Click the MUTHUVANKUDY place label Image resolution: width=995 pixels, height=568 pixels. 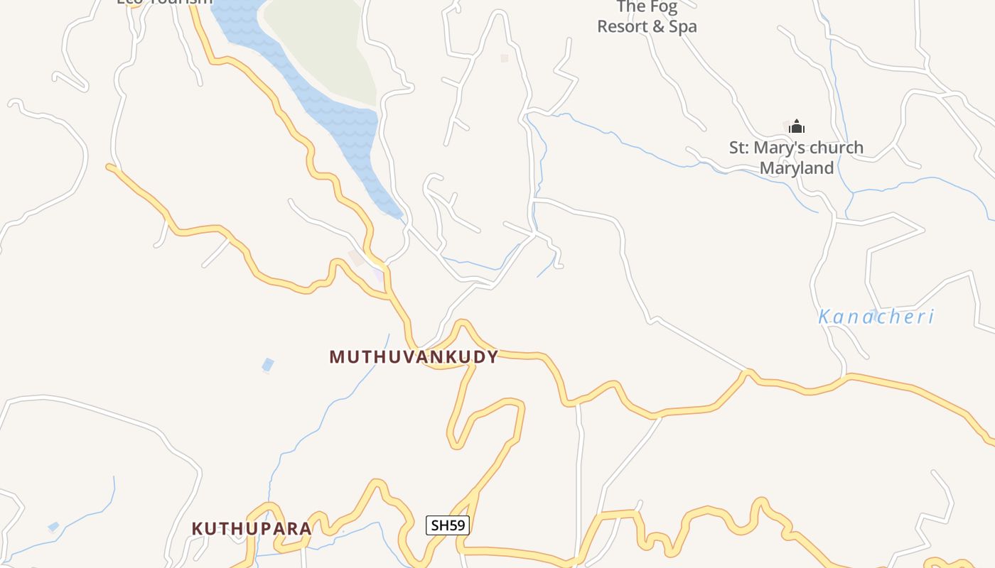[414, 357]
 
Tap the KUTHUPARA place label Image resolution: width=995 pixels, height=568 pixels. [252, 529]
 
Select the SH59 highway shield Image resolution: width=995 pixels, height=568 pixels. [448, 526]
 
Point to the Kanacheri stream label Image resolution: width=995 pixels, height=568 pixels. [876, 317]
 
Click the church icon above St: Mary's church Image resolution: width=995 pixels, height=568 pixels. [797, 127]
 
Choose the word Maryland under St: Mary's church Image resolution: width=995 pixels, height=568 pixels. [796, 168]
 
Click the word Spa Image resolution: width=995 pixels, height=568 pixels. [682, 27]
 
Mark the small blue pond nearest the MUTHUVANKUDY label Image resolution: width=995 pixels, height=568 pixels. [268, 365]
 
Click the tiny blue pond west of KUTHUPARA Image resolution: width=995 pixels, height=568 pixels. [53, 527]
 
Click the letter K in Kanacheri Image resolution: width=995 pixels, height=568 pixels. [825, 317]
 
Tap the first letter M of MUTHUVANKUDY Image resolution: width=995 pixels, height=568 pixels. [337, 357]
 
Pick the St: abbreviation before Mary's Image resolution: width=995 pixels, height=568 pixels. [740, 148]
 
